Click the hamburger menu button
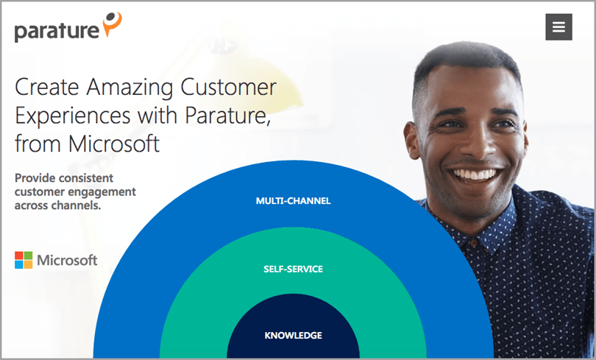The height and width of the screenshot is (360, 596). [x=558, y=27]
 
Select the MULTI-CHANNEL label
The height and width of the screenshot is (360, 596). [x=293, y=200]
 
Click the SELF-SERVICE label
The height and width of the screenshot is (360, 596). [x=293, y=269]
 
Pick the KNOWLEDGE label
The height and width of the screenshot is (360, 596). [x=293, y=336]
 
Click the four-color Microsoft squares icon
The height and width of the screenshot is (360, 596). [x=23, y=260]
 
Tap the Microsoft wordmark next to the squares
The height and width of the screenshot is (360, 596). [x=67, y=260]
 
